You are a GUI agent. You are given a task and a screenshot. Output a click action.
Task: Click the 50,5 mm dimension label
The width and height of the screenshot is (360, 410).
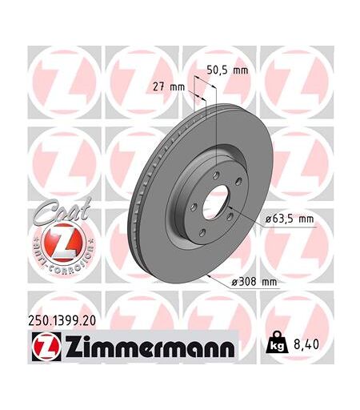pyautogui.click(x=227, y=70)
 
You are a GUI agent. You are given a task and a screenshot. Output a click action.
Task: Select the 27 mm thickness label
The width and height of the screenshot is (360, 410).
pyautogui.click(x=169, y=87)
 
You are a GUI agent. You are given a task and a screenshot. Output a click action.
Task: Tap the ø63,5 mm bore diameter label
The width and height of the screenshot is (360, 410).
pyautogui.click(x=290, y=219)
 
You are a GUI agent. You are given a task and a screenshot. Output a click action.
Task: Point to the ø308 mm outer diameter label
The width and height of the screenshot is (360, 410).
pyautogui.click(x=254, y=282)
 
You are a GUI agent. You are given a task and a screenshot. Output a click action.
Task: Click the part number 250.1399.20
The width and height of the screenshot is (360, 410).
pyautogui.click(x=62, y=320)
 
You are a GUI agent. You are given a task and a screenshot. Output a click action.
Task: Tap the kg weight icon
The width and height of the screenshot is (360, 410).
pyautogui.click(x=277, y=342)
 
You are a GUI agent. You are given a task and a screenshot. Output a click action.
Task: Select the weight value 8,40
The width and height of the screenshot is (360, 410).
pyautogui.click(x=306, y=344)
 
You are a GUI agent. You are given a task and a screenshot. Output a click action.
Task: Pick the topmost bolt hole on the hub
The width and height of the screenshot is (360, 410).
pyautogui.click(x=216, y=175)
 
